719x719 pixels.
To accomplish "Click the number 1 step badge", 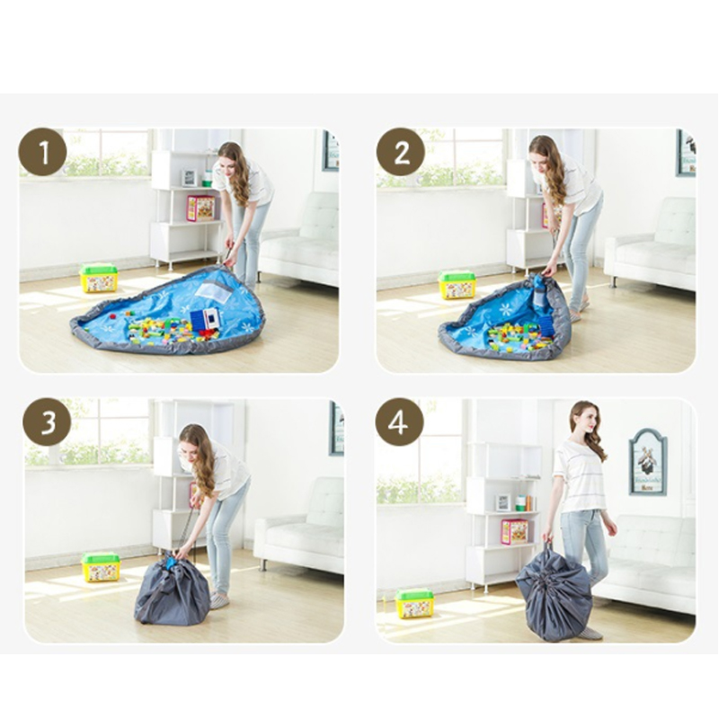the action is [42, 152].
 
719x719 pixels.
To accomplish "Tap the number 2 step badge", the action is [401, 152].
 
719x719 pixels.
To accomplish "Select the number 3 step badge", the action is [48, 422].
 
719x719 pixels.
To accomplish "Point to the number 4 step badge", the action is [399, 422].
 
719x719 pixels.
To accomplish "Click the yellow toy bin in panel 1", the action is [99, 278].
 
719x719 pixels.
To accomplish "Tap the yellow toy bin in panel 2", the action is [457, 285].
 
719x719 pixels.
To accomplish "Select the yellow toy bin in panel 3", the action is [101, 567].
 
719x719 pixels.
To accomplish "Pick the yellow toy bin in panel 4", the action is [414, 603].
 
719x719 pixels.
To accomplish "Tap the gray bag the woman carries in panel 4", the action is [554, 591].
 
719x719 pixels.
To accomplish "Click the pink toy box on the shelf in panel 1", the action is [200, 209].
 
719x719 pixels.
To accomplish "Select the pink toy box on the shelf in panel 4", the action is [514, 531].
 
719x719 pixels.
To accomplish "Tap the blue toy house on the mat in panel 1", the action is [205, 319].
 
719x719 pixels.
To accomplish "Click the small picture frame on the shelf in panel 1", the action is [189, 178].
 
